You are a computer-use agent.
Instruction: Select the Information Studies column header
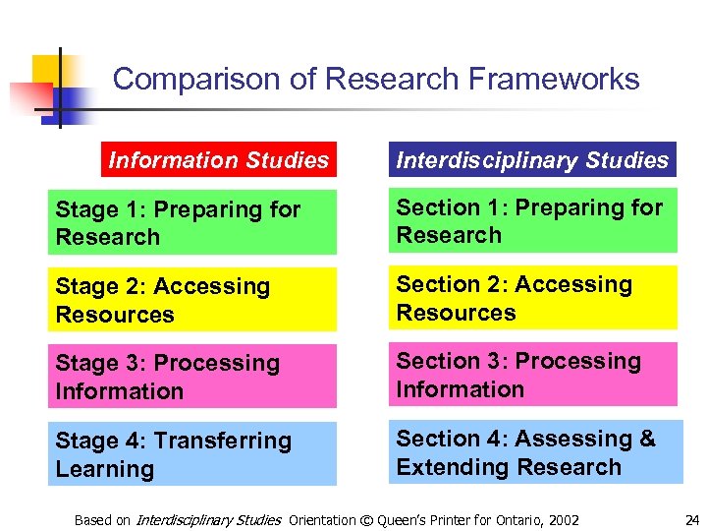point(219,160)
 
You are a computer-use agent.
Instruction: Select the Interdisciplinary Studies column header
point(532,160)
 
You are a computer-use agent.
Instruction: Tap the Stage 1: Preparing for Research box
point(192,223)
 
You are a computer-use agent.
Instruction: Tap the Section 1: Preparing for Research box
point(534,221)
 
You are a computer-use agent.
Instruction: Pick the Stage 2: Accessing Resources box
point(192,301)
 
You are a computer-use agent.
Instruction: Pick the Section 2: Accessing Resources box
point(534,299)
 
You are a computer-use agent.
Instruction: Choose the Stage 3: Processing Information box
point(192,377)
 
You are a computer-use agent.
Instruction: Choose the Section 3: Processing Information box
point(534,375)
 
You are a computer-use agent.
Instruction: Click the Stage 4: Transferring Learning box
point(192,454)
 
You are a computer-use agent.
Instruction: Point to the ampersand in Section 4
point(646,439)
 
